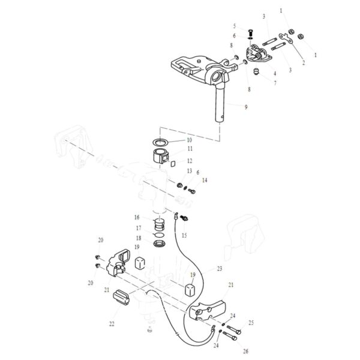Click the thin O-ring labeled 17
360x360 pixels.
tap(159, 236)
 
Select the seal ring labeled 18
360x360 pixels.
tap(160, 244)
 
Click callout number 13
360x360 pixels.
tap(190, 171)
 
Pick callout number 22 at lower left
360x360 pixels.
tap(112, 324)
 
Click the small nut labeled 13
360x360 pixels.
tap(179, 184)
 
